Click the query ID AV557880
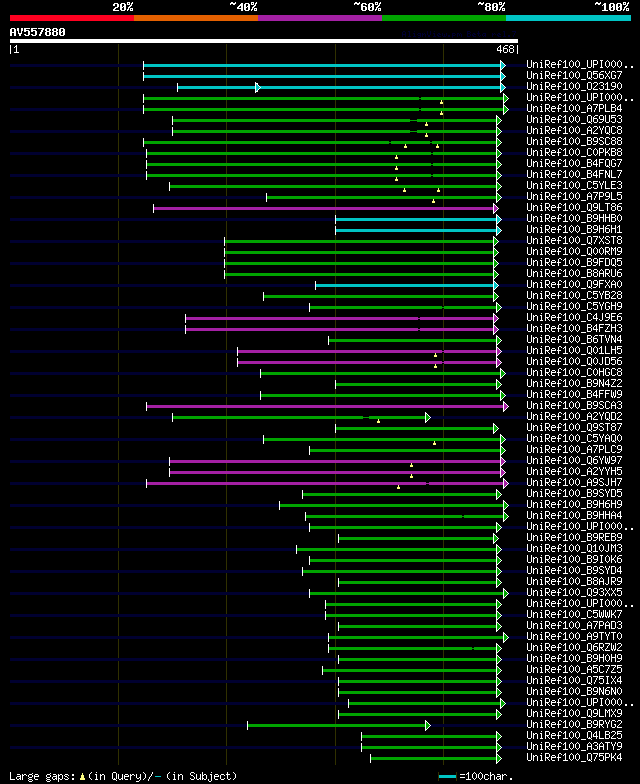[x=38, y=32]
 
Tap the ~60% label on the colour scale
[x=367, y=6]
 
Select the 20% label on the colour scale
[x=123, y=6]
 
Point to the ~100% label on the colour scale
[x=611, y=6]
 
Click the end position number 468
[x=506, y=49]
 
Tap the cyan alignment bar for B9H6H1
[x=416, y=230]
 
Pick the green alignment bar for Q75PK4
[x=434, y=758]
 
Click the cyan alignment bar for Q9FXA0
[x=405, y=285]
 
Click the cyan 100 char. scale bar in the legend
[x=447, y=776]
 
